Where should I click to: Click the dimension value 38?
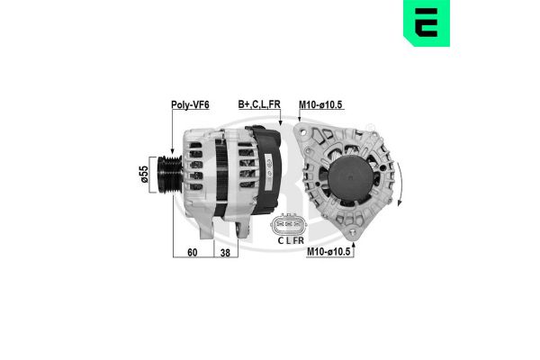coord(224,253)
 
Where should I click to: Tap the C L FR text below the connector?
coord(289,241)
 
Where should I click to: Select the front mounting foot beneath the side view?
coord(212,230)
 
